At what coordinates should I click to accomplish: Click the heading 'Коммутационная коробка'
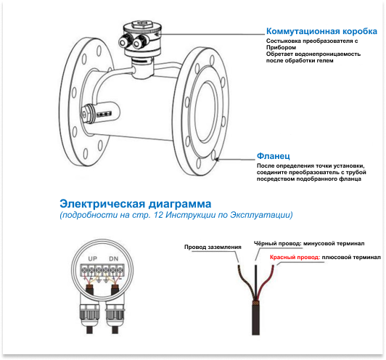pos(321,31)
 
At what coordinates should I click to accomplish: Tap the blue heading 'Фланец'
pos(274,156)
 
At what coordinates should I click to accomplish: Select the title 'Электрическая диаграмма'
pos(136,204)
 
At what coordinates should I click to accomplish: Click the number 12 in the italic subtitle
pos(158,215)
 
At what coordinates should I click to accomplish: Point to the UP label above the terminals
pos(93,259)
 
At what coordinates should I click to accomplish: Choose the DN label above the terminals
pos(114,259)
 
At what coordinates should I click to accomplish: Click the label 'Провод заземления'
pos(213,247)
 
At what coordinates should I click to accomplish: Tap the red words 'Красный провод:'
pos(295,258)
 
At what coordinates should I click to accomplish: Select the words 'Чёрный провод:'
pos(277,244)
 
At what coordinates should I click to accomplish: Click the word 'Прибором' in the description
pos(281,47)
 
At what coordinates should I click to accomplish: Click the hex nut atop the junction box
pos(142,25)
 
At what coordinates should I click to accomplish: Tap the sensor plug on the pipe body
pos(86,114)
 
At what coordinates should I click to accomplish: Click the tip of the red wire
pos(274,266)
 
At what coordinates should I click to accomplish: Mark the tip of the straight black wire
pos(256,266)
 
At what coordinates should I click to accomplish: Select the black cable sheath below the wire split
pos(256,319)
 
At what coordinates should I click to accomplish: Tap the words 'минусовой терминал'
pos(334,244)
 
